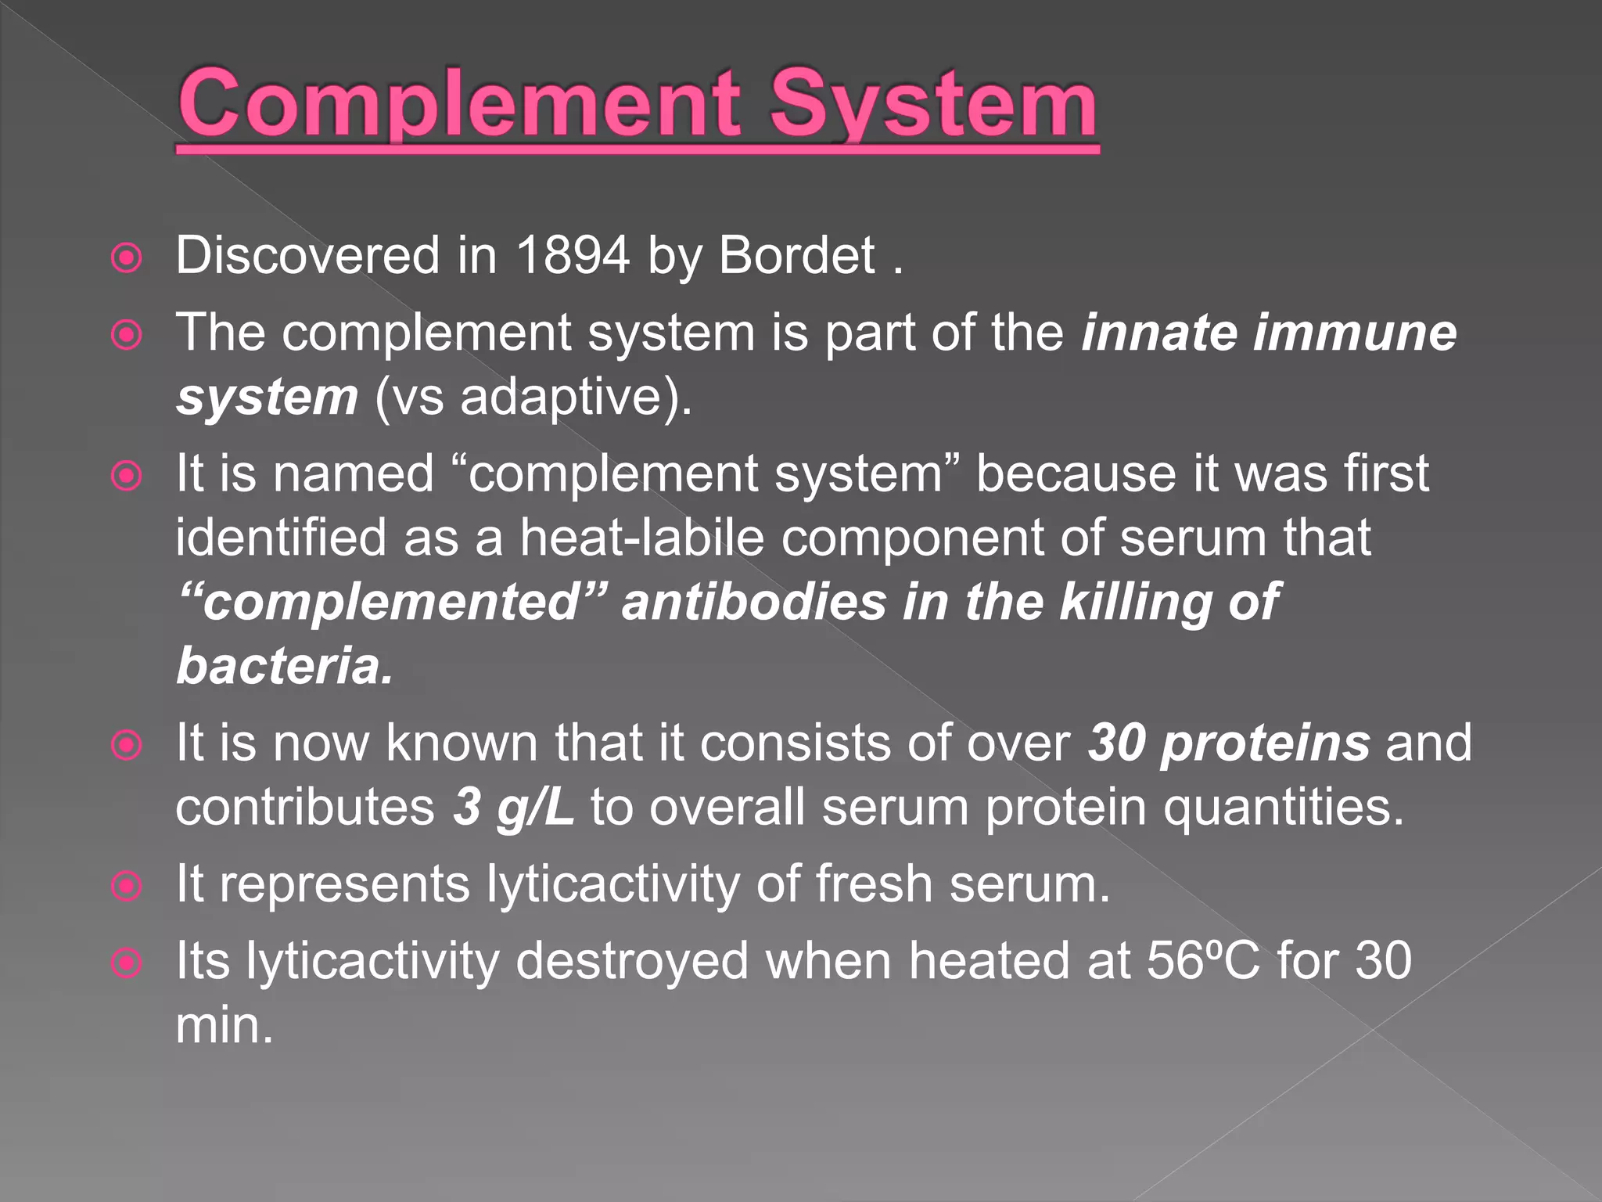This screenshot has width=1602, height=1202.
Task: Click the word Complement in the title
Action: tap(460, 103)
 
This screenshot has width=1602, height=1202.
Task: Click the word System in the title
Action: tap(934, 103)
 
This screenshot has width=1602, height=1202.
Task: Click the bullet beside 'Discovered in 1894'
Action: tap(127, 258)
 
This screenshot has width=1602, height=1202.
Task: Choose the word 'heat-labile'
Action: tap(641, 538)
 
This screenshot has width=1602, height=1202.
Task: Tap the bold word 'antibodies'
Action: tap(754, 602)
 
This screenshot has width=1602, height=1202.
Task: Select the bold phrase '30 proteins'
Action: tap(1228, 743)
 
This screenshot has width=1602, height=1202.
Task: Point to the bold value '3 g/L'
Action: tap(513, 807)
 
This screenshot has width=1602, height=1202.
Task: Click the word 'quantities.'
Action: tap(1283, 807)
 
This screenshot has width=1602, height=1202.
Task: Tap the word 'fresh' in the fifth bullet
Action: tap(874, 884)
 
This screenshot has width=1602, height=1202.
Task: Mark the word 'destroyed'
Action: tap(632, 960)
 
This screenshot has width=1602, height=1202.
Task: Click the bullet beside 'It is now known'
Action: tap(127, 745)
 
